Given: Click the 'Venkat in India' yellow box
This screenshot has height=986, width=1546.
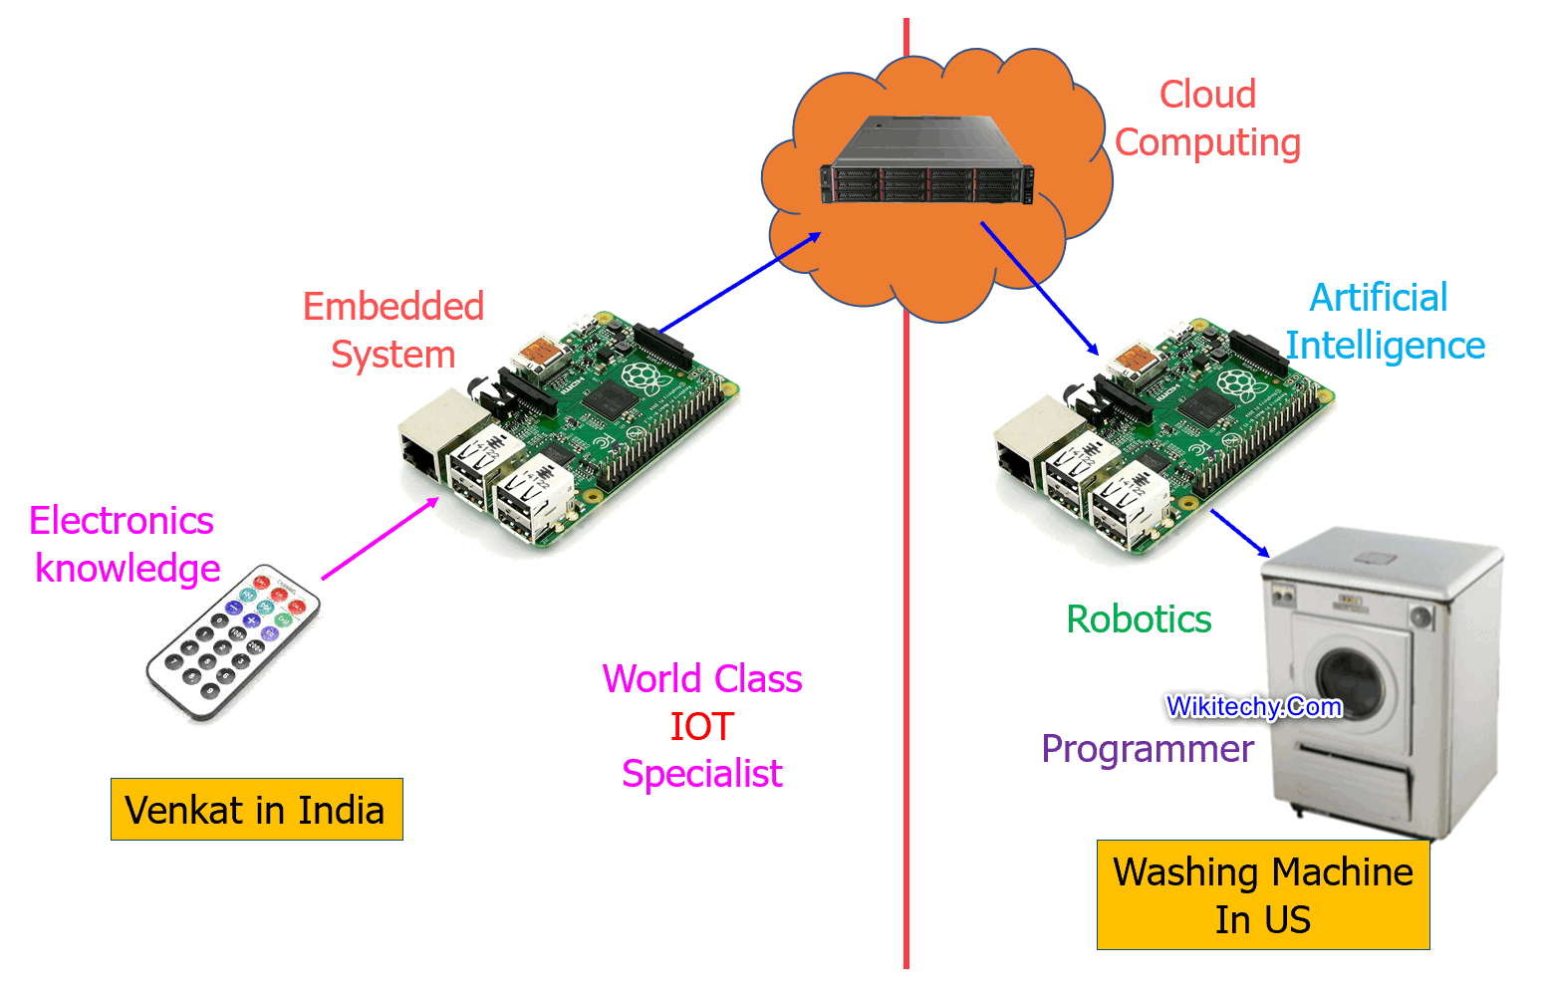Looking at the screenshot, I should click(256, 810).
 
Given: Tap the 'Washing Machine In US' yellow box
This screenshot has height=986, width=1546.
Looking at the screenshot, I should click(1262, 895).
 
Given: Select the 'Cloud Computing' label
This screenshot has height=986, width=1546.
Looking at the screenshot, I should click(1207, 119).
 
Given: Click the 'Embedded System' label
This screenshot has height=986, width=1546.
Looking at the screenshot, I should click(393, 331).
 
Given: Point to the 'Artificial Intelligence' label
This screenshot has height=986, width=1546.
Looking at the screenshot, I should click(1385, 322).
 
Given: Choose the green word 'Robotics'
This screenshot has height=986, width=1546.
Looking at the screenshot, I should click(1139, 619).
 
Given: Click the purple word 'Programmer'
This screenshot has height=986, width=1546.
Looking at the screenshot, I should click(1147, 749).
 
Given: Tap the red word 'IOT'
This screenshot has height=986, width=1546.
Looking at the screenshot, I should click(701, 727).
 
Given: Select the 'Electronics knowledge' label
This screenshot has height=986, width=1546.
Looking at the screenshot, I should click(125, 545).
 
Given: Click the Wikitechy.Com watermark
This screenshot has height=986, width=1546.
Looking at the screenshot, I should click(1254, 707).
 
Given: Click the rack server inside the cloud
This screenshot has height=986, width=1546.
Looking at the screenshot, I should click(927, 162).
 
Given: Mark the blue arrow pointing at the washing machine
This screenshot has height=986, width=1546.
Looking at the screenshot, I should click(1239, 533).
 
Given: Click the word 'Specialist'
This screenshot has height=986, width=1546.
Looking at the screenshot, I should click(701, 774).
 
